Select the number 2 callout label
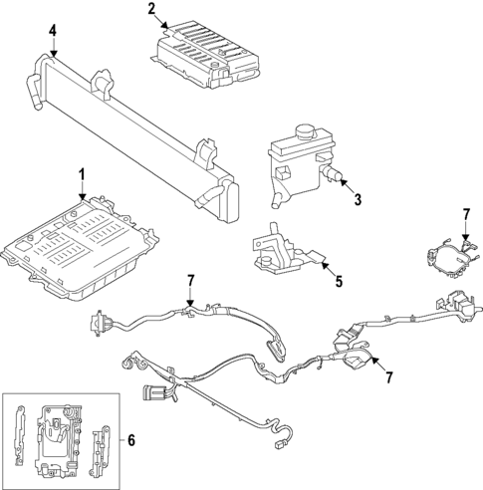tap(152, 11)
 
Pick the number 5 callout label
tap(338, 282)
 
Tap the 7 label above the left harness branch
tap(188, 282)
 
